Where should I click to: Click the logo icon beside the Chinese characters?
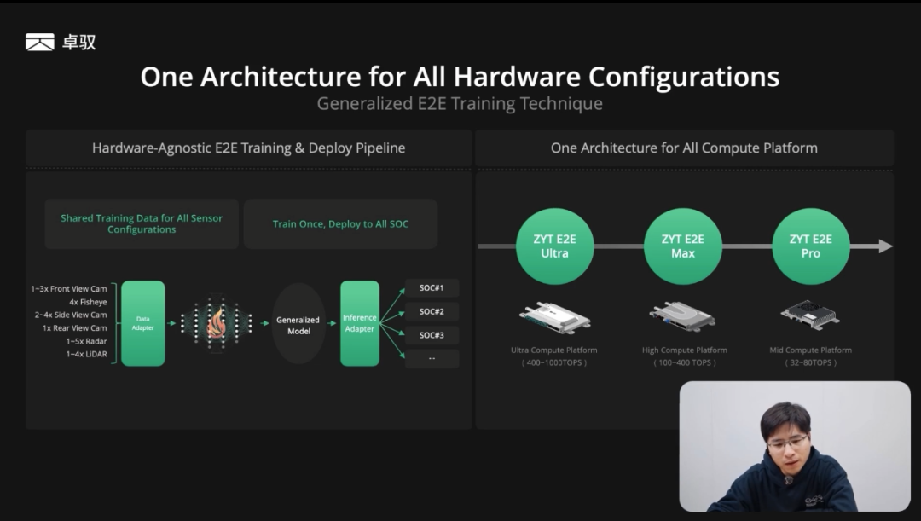coord(40,42)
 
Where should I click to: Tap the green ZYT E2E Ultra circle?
coord(554,246)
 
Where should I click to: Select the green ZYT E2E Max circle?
coord(682,246)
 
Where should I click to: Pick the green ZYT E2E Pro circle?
coord(811,246)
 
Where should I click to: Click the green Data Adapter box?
coord(142,323)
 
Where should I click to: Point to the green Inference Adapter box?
coord(360,323)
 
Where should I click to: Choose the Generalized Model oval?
coord(298,324)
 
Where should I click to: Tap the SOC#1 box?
coord(432,288)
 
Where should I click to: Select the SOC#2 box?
coord(432,311)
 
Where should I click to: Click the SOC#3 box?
coord(432,335)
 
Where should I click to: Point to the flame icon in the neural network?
coord(217,322)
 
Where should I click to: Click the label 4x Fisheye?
coord(88,302)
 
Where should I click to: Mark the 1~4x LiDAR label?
coord(86,354)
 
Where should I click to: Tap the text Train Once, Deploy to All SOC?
coord(340,223)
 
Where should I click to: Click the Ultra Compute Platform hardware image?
coord(554,317)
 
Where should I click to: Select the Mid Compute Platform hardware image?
coord(811,315)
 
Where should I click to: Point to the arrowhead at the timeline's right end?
coord(886,246)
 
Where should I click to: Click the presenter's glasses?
coord(786,443)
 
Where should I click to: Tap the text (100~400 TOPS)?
coord(684,362)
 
